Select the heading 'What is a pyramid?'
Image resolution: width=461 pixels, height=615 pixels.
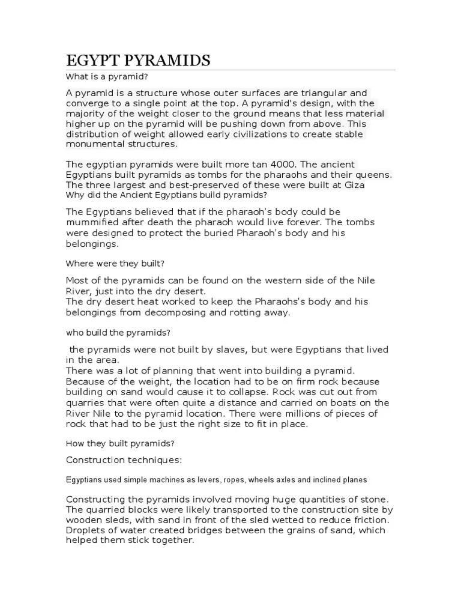[x=107, y=77]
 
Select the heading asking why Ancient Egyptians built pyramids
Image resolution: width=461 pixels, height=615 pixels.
[x=166, y=195]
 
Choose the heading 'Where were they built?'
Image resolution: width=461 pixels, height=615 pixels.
[x=115, y=263]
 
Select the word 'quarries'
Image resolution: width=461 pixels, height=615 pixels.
[x=86, y=402]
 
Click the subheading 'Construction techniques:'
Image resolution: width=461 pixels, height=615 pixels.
[x=124, y=460]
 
